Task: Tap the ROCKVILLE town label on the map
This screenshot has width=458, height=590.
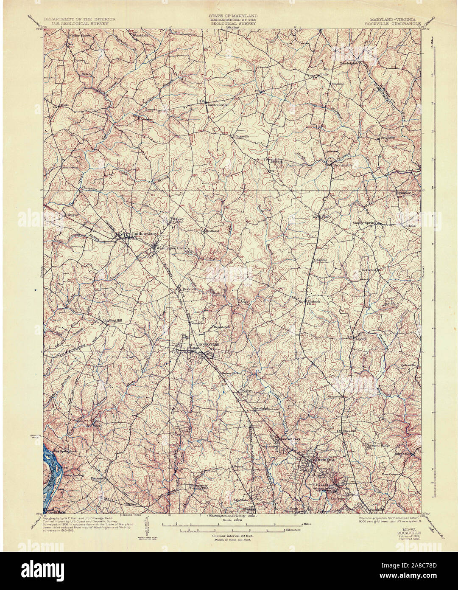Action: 207,345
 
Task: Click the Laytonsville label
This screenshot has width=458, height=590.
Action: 217,104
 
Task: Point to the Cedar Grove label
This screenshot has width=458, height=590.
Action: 80,36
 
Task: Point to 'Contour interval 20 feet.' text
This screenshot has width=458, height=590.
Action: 231,536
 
